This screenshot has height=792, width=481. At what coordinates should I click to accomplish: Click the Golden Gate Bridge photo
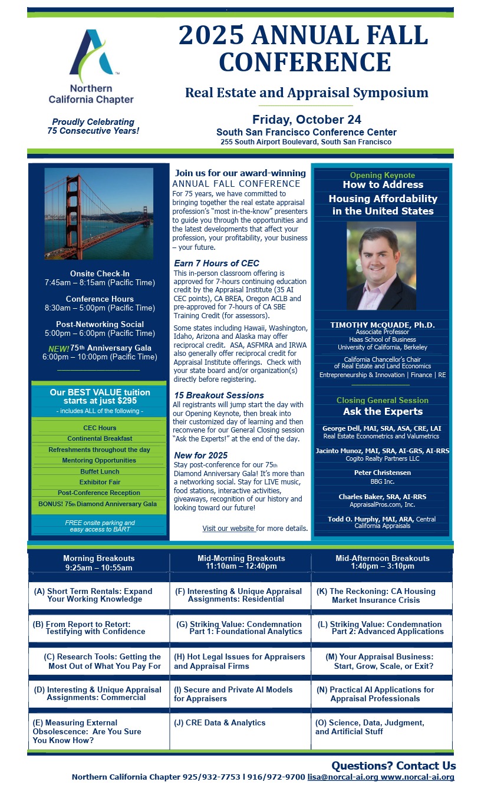(x=98, y=213)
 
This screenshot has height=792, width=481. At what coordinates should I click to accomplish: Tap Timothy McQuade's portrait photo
(x=381, y=266)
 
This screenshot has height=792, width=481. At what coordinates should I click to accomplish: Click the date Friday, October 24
(x=307, y=120)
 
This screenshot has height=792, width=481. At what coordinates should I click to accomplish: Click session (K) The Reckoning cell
(x=381, y=595)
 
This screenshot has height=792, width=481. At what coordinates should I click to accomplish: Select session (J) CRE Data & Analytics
(x=220, y=722)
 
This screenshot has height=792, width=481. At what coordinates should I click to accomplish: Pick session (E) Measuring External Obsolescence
(x=87, y=731)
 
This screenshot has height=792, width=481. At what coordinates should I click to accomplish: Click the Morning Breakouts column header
(x=98, y=562)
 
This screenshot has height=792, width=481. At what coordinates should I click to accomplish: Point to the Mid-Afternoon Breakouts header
(x=382, y=562)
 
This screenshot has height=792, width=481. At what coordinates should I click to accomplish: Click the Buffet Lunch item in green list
(x=100, y=471)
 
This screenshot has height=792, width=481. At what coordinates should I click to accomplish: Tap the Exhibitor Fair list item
(x=100, y=482)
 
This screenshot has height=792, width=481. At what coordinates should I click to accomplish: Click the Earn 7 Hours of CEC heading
(x=216, y=263)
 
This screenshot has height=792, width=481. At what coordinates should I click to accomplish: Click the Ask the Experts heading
(x=383, y=411)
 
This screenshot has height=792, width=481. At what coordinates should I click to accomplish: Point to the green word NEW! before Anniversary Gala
(x=58, y=348)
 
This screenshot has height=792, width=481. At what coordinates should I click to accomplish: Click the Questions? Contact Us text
(x=393, y=766)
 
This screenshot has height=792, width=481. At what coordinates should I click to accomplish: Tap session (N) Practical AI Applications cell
(x=381, y=694)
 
